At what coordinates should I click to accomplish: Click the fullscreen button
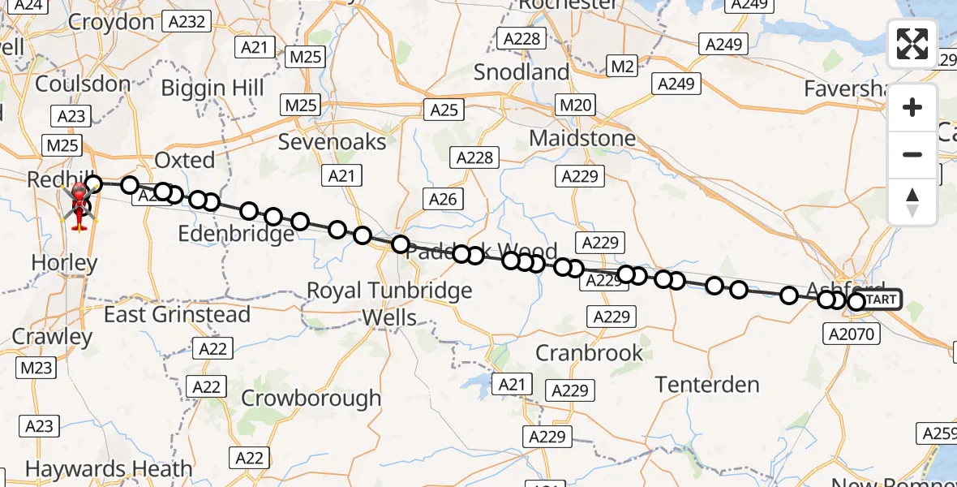click(912, 44)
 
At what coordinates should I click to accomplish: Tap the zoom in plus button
click(912, 108)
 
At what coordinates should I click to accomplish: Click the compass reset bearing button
click(912, 202)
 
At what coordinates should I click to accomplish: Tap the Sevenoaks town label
click(333, 142)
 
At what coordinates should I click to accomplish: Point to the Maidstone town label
click(582, 138)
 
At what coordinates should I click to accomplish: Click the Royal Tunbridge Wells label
click(389, 303)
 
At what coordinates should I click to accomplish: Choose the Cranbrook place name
click(590, 353)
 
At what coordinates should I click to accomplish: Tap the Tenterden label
click(707, 384)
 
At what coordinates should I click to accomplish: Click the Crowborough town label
click(311, 398)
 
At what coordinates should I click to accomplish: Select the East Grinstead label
click(177, 314)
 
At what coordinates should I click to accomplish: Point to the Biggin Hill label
click(212, 88)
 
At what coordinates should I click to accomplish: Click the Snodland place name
click(521, 72)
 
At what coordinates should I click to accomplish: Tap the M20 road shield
click(576, 105)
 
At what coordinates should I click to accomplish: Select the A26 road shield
click(443, 199)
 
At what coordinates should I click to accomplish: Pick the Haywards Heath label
click(109, 469)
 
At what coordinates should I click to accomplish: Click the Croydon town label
click(111, 22)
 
